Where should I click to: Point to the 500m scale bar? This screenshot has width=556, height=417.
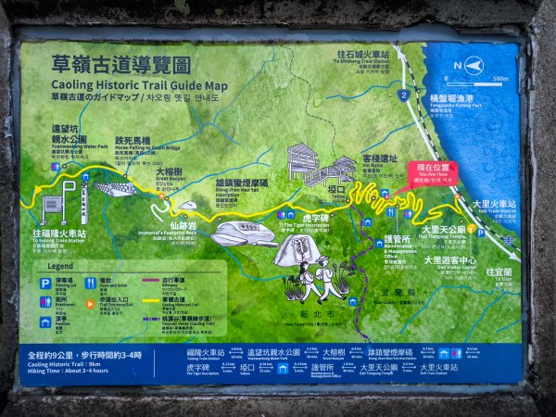[492, 79]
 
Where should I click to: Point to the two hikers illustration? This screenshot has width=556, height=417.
[315, 278]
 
